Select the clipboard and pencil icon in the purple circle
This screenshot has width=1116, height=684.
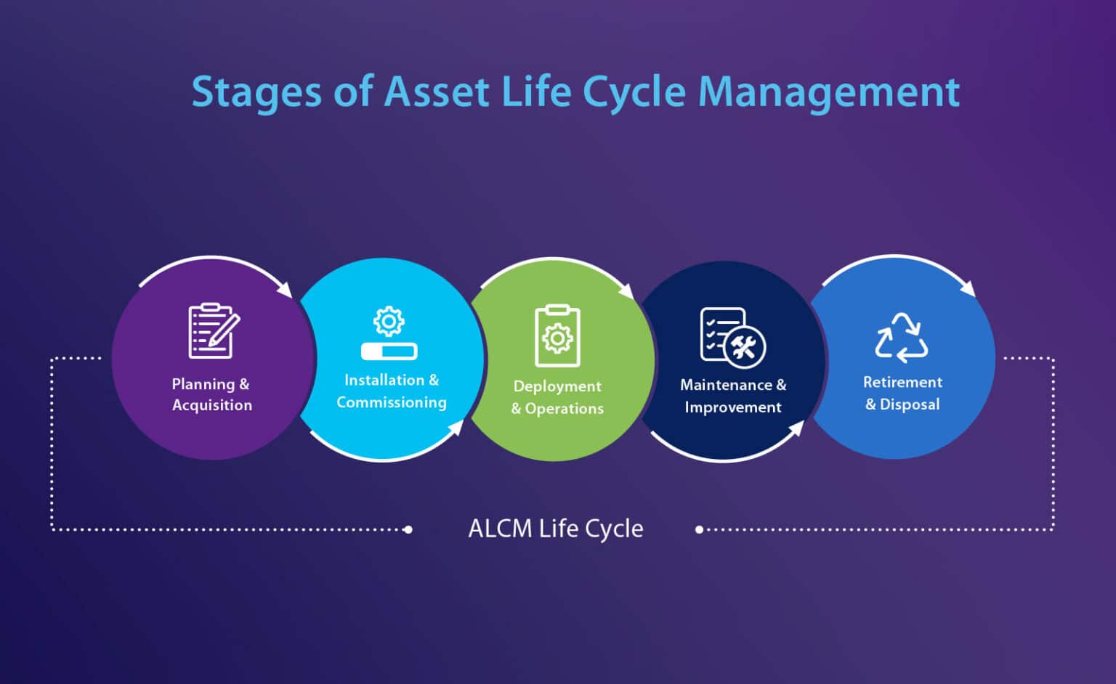pyautogui.click(x=213, y=330)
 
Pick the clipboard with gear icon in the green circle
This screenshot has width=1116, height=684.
pyautogui.click(x=557, y=335)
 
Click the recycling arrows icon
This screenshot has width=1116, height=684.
pyautogui.click(x=902, y=338)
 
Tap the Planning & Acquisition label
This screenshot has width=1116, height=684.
pyautogui.click(x=211, y=394)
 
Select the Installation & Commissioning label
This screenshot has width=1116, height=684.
pyautogui.click(x=391, y=391)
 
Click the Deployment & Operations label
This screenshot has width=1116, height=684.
pyautogui.click(x=557, y=397)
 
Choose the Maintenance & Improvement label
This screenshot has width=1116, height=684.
pyautogui.click(x=733, y=396)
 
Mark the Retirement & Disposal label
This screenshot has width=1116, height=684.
pyautogui.click(x=902, y=393)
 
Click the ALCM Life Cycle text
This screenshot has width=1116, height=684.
pyautogui.click(x=556, y=529)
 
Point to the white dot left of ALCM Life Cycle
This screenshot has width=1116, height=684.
pyautogui.click(x=408, y=529)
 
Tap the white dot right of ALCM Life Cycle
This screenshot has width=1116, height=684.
pyautogui.click(x=699, y=529)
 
